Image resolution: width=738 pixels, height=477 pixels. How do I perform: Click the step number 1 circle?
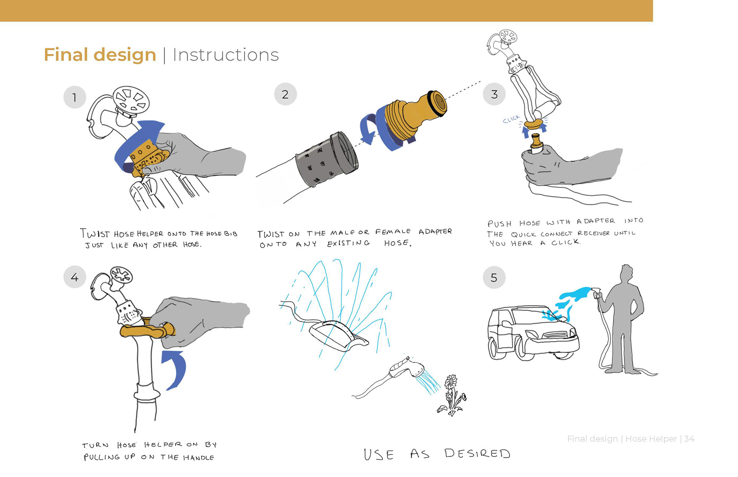coord(75,97)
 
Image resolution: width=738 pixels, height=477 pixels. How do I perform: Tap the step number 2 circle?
coord(285,94)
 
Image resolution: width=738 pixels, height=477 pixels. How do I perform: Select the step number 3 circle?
coord(494,94)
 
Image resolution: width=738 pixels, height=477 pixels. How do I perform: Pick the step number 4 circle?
coord(75,277)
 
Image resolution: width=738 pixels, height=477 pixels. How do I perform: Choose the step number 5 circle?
coord(494,277)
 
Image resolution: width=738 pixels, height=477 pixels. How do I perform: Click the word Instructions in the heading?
coord(226,55)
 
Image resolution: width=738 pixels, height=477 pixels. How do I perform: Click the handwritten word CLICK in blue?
coord(511,119)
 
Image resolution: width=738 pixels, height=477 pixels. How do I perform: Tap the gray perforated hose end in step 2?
coord(327,159)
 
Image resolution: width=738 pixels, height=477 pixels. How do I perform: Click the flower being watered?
coord(452,394)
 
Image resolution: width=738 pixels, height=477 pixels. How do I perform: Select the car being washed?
coord(532,332)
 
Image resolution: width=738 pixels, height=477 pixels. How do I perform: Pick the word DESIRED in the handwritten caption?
coord(477,454)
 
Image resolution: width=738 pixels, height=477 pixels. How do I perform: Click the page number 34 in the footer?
coord(689,439)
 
